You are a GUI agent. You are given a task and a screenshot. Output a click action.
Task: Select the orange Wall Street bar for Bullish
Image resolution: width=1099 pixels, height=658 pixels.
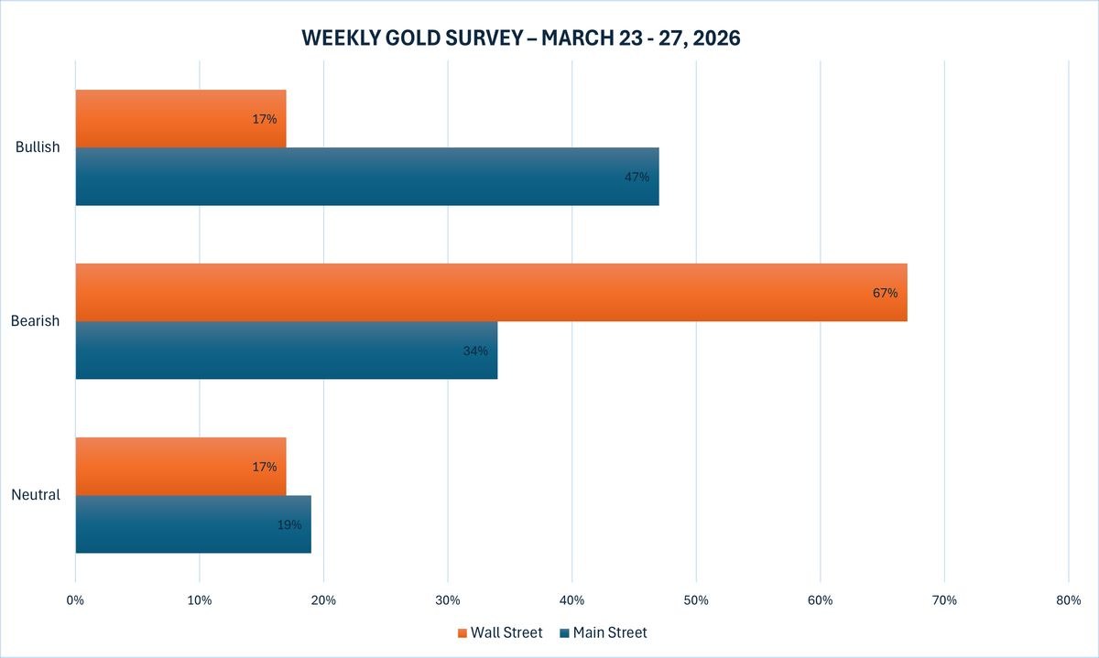pyautogui.click(x=180, y=118)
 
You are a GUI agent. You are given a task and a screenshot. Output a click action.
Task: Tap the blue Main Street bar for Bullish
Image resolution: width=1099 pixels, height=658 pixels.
pyautogui.click(x=366, y=177)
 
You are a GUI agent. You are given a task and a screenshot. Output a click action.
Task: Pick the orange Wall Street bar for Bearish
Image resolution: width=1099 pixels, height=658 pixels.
pyautogui.click(x=491, y=293)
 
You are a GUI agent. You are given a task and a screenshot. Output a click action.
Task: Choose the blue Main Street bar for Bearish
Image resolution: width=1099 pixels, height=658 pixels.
pyautogui.click(x=286, y=351)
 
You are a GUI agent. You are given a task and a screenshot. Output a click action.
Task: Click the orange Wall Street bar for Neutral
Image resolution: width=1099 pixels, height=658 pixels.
pyautogui.click(x=180, y=467)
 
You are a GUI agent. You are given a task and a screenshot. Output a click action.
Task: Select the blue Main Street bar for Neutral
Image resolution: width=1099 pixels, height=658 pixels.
pyautogui.click(x=192, y=524)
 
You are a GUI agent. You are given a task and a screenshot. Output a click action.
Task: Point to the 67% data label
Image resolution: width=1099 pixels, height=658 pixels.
pyautogui.click(x=885, y=294)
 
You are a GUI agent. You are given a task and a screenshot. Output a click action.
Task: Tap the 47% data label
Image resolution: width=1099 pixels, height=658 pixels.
pyautogui.click(x=637, y=177)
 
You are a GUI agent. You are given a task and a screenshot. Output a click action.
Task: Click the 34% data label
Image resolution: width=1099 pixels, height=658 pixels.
pyautogui.click(x=475, y=351)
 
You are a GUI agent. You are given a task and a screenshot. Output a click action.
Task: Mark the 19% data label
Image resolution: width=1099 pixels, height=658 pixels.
pyautogui.click(x=288, y=524)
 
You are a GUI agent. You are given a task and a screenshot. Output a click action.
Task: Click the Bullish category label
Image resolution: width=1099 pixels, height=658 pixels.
pyautogui.click(x=38, y=147)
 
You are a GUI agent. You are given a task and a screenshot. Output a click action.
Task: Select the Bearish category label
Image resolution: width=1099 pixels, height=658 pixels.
pyautogui.click(x=36, y=321)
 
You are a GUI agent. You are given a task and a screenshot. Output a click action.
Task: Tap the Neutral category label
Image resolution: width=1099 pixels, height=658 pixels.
pyautogui.click(x=36, y=495)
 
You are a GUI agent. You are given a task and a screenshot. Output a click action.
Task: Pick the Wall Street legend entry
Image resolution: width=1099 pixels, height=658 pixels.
pyautogui.click(x=500, y=632)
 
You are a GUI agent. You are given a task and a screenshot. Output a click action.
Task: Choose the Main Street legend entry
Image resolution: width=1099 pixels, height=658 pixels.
pyautogui.click(x=604, y=632)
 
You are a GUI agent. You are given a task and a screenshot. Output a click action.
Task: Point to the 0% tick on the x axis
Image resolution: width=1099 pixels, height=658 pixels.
pyautogui.click(x=75, y=600)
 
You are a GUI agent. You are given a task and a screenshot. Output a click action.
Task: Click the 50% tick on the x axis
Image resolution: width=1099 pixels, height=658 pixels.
pyautogui.click(x=696, y=600)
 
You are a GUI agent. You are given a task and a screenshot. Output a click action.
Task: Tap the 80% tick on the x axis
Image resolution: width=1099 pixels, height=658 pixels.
pyautogui.click(x=1068, y=600)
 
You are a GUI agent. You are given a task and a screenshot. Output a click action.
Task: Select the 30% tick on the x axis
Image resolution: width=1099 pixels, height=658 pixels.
pyautogui.click(x=448, y=600)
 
